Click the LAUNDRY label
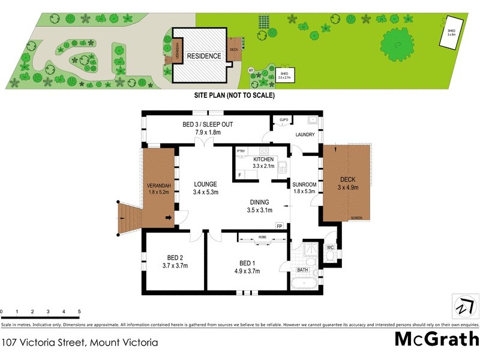(305, 134)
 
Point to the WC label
(330, 247)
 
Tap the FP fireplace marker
(279, 226)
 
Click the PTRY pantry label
(241, 151)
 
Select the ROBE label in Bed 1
(262, 238)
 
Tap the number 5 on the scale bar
(79, 312)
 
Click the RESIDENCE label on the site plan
(204, 56)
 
